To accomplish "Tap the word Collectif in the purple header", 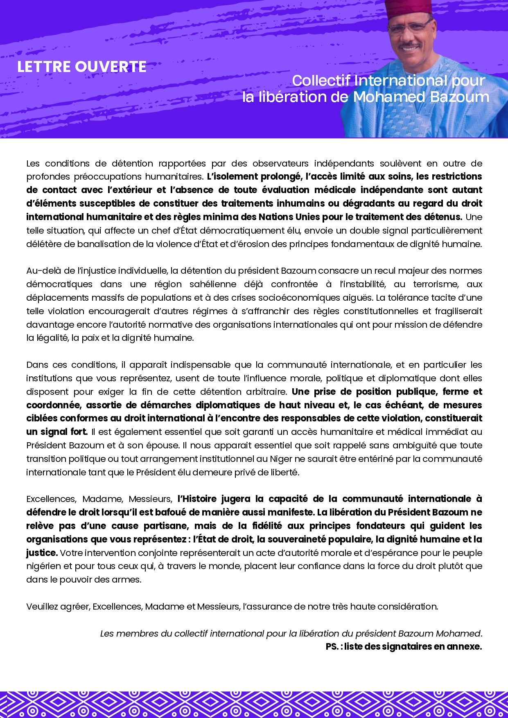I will pyautogui.click(x=321, y=81).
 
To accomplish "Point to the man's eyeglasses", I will pyautogui.click(x=409, y=27).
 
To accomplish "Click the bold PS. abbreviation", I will pyautogui.click(x=332, y=647).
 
